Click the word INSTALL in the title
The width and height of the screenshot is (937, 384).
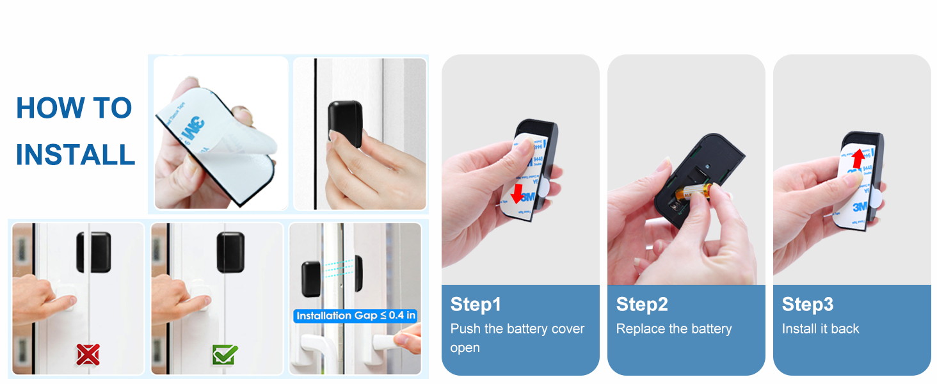click(x=75, y=156)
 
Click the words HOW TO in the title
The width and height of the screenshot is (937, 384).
click(x=74, y=108)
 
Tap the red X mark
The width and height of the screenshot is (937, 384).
click(x=88, y=353)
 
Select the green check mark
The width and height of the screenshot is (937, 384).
click(x=225, y=353)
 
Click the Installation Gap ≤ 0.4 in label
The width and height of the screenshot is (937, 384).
click(x=356, y=316)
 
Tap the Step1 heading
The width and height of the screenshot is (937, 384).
click(x=476, y=304)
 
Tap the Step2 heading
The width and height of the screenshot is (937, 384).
click(x=642, y=304)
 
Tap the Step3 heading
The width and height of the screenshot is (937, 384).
click(x=808, y=304)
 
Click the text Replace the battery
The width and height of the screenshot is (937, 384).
click(x=673, y=329)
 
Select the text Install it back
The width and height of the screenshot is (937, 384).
click(x=821, y=329)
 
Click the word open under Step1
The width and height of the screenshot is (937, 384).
click(x=465, y=348)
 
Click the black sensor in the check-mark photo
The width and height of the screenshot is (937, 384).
click(x=230, y=252)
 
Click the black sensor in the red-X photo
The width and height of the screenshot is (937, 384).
click(x=93, y=252)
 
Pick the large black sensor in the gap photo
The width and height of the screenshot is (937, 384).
click(x=311, y=278)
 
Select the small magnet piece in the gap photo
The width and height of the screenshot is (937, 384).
click(x=358, y=271)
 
